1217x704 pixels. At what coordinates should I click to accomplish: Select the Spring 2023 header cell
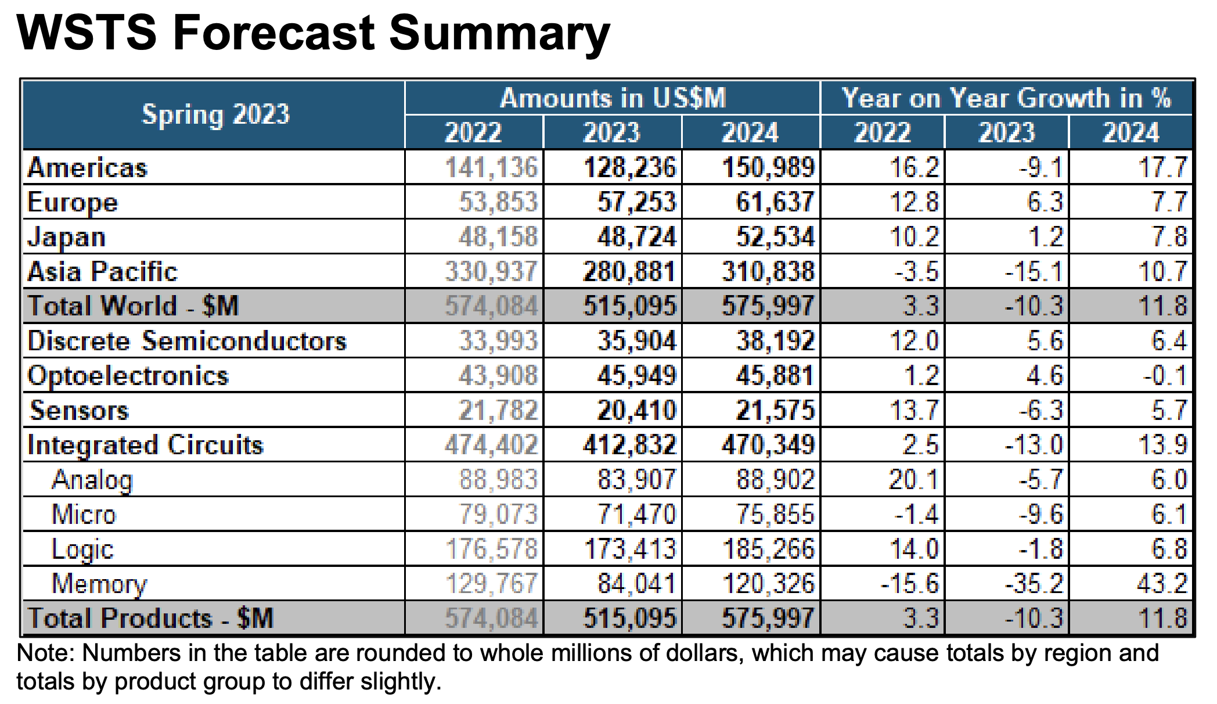tap(215, 114)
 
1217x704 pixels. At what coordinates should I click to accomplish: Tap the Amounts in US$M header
tap(613, 98)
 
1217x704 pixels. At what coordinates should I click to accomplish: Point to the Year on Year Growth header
tap(1006, 98)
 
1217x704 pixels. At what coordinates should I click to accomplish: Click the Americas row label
tap(88, 168)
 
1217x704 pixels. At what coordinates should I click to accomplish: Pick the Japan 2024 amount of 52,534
tap(775, 237)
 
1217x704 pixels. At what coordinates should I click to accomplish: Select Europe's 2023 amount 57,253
tap(637, 202)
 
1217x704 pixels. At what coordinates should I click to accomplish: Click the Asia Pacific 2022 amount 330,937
tap(491, 272)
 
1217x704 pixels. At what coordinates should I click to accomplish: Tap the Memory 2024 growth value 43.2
tap(1161, 584)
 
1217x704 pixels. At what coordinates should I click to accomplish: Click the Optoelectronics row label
tap(128, 376)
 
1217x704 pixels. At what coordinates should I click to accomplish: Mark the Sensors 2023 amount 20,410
tap(637, 411)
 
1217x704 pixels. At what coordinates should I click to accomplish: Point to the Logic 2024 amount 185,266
tap(768, 549)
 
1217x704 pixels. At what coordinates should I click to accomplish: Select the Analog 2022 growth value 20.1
tap(913, 480)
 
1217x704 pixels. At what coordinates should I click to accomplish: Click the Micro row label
tap(84, 515)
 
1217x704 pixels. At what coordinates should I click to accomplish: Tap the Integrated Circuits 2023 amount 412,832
tap(630, 446)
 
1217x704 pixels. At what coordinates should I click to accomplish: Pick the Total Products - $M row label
tap(150, 618)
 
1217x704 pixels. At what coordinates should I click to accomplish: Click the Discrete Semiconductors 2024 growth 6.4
tap(1169, 341)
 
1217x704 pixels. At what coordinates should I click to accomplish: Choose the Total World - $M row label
tap(133, 306)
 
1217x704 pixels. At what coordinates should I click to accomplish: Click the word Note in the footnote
tap(42, 653)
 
